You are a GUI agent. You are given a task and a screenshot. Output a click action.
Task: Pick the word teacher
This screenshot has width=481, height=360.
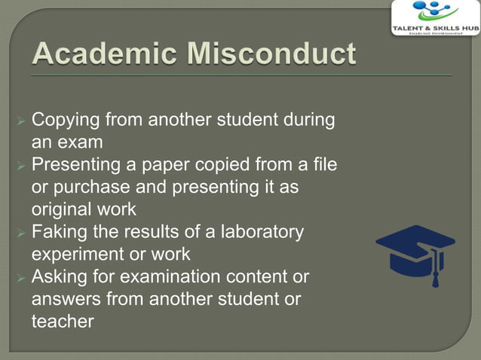[63, 322]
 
